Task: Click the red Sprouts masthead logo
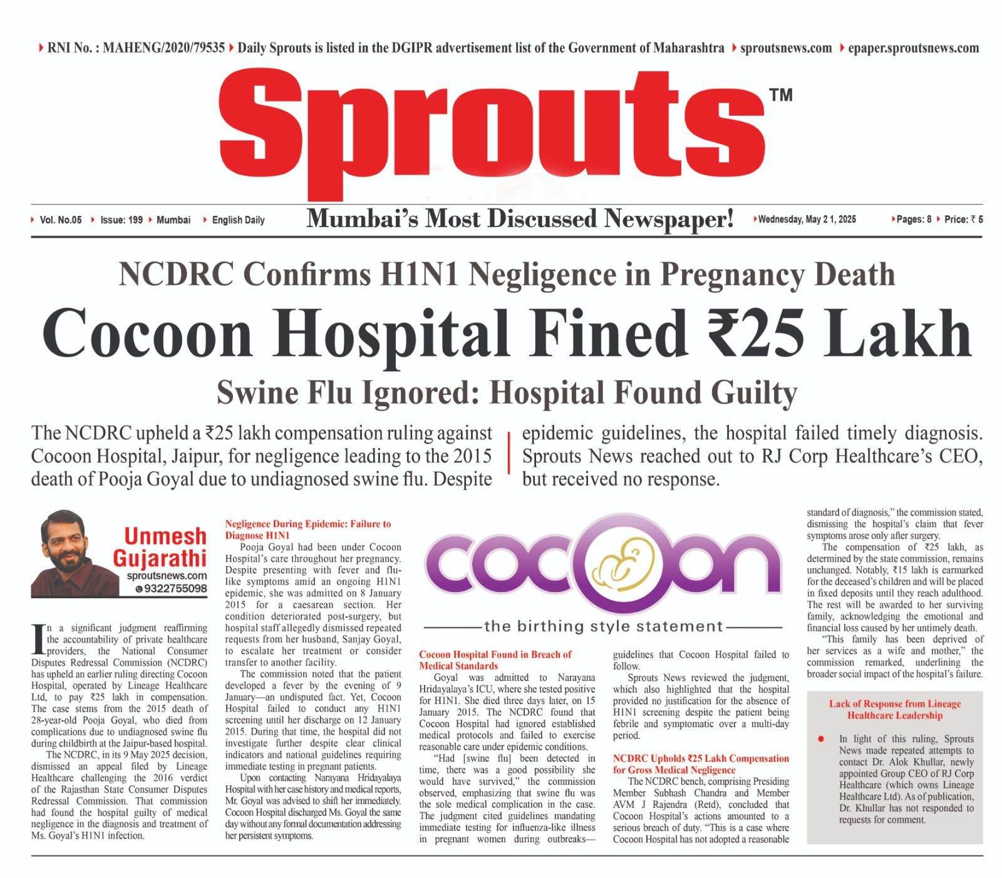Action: pos(492,131)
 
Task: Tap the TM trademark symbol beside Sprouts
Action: pos(779,95)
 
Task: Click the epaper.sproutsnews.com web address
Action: pos(913,48)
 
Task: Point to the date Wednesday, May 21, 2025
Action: pos(807,220)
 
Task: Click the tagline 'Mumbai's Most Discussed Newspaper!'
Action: pos(520,220)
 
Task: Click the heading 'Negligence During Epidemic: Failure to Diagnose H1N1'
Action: pos(307,529)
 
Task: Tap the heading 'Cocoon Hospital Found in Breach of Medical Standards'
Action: pos(495,660)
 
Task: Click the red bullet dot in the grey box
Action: pos(821,739)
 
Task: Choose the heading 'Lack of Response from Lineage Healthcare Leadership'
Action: pos(894,710)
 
